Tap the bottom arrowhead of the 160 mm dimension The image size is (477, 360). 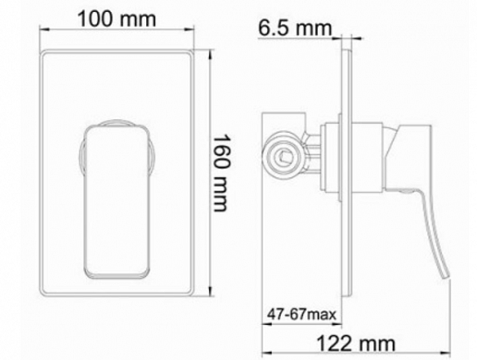click(211, 292)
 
